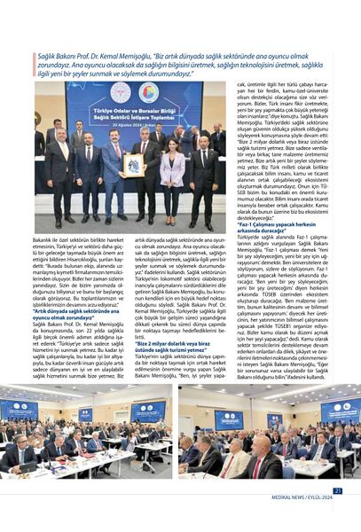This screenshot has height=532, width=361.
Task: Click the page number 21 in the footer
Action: (x=338, y=490)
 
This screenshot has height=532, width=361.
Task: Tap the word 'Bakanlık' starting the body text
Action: (x=47, y=239)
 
